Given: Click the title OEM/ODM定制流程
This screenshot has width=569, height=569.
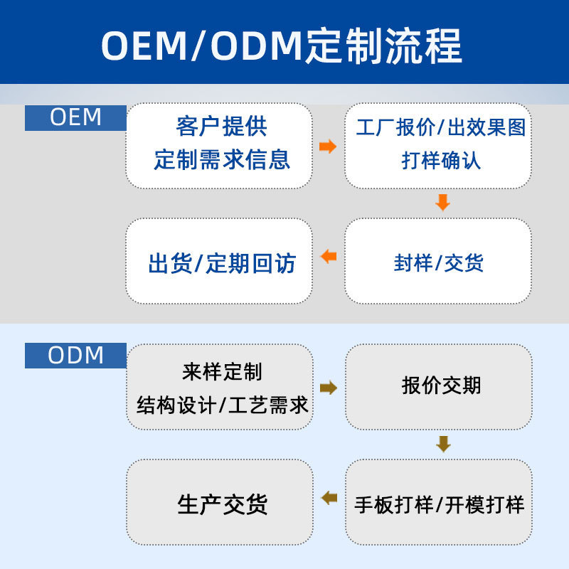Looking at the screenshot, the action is (281, 46).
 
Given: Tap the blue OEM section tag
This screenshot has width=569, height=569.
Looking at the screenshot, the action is (75, 117).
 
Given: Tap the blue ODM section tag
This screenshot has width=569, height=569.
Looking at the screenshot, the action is (75, 355).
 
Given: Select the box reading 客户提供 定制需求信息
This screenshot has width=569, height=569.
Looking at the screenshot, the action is (219, 146).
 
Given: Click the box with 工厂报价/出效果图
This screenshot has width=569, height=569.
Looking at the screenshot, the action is (438, 146).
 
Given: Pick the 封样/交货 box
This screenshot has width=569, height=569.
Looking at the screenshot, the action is (438, 261).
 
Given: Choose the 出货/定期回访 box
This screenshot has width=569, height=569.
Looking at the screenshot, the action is (219, 261).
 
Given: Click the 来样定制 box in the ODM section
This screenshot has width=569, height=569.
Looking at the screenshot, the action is (220, 387).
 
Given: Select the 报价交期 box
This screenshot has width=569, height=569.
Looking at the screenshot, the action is (439, 387).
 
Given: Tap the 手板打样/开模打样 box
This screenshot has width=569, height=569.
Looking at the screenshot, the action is (439, 502).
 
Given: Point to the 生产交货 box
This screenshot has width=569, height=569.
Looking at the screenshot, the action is (220, 502).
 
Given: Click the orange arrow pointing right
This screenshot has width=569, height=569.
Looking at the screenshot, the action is (328, 147).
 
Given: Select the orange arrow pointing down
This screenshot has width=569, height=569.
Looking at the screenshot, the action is (442, 203).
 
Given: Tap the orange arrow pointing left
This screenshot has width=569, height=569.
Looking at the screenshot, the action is (329, 256).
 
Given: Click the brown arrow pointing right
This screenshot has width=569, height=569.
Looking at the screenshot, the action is (329, 388).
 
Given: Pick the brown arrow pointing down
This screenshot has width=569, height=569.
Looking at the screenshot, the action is (443, 444).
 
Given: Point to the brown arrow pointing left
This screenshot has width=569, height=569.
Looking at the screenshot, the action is (329, 497).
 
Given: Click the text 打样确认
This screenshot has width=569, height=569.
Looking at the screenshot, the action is (441, 161).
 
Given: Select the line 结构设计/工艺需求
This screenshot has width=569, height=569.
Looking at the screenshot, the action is (222, 405).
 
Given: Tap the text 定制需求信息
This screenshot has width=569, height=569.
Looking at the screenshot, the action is (222, 159).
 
